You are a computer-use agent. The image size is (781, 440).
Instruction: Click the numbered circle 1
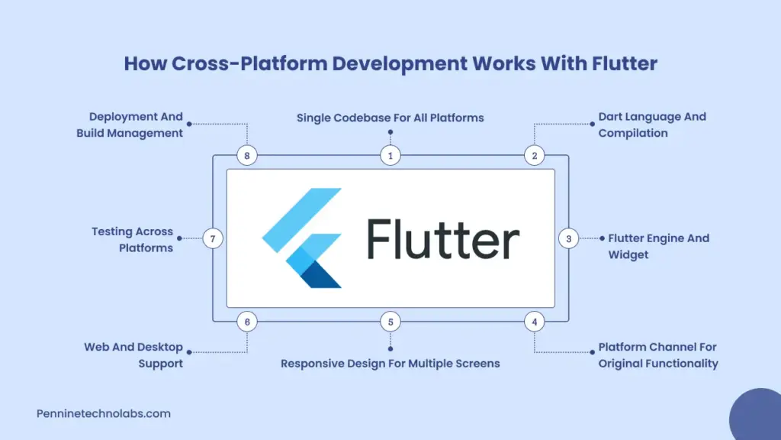tap(390, 156)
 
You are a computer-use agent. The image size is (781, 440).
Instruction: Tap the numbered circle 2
tap(535, 156)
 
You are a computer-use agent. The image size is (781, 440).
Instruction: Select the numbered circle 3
tap(568, 239)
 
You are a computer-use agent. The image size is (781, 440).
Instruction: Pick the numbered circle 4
tap(535, 322)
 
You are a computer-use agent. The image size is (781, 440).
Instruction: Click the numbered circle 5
tap(390, 322)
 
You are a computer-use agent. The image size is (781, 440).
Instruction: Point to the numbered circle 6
tap(247, 322)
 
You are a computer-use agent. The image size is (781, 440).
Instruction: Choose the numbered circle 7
tap(213, 239)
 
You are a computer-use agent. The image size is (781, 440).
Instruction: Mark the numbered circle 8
tap(247, 156)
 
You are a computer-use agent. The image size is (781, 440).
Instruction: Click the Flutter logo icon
tap(302, 238)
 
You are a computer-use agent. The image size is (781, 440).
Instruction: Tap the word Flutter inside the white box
tap(442, 239)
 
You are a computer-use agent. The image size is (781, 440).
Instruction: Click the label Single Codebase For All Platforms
tap(390, 118)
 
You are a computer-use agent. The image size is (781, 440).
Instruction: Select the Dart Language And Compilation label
tap(652, 125)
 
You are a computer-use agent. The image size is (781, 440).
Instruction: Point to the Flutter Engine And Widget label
tap(658, 246)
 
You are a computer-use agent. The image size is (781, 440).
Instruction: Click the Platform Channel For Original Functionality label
tap(657, 355)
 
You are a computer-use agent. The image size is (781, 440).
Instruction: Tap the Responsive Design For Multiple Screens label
tap(390, 364)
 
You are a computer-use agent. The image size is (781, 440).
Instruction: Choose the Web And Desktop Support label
tap(133, 355)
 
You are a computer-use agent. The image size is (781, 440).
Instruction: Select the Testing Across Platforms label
tap(133, 240)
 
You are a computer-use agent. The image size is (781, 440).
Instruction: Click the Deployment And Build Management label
tap(130, 125)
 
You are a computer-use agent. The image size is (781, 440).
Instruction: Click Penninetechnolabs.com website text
tap(104, 413)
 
